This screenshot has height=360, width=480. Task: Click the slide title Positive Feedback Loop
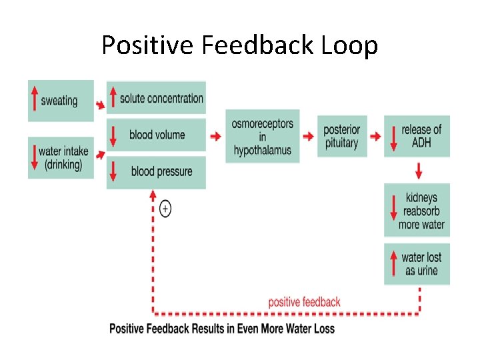(x=240, y=45)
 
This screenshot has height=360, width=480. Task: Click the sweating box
(x=61, y=101)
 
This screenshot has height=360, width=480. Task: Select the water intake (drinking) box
(x=61, y=157)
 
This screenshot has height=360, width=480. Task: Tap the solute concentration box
(x=156, y=98)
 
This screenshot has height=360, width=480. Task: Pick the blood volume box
(x=156, y=135)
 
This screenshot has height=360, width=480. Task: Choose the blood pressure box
(x=156, y=172)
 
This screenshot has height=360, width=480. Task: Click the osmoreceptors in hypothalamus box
(x=262, y=137)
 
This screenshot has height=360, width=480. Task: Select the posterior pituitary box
(x=341, y=137)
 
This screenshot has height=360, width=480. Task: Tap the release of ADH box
(x=417, y=137)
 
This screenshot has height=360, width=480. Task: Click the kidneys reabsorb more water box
(x=417, y=211)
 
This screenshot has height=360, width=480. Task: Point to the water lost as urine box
(x=417, y=264)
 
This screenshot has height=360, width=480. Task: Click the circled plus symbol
(x=165, y=209)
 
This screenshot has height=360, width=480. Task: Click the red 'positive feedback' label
(x=304, y=302)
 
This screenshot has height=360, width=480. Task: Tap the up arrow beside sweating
(x=34, y=101)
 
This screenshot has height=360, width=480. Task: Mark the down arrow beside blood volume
(x=113, y=135)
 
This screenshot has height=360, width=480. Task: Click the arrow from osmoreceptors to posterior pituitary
(x=307, y=137)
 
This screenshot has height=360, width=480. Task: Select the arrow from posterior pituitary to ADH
(x=375, y=137)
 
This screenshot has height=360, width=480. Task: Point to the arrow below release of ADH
(x=418, y=171)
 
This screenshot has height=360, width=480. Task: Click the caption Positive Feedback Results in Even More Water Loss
(x=222, y=329)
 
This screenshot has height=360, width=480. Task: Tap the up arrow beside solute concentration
(x=113, y=98)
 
